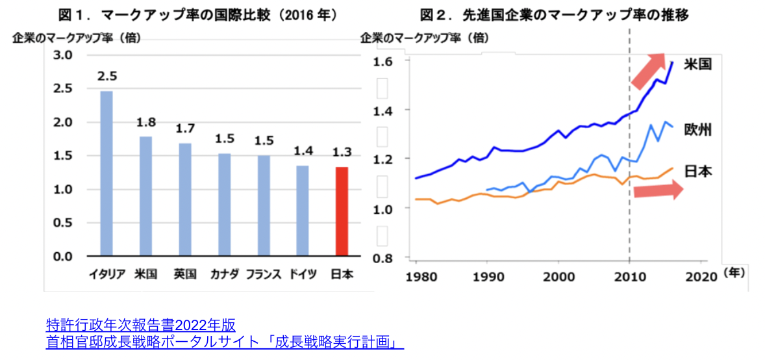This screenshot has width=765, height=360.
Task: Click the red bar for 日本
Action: (342, 211)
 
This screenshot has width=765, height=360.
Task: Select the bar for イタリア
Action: (106, 174)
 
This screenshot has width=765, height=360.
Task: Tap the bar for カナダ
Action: (224, 205)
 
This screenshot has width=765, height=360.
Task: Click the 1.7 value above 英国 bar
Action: (185, 129)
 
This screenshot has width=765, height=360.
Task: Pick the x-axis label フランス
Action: (263, 275)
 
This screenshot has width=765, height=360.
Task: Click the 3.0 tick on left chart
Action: (62, 55)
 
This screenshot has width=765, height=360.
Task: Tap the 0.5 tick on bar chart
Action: (62, 223)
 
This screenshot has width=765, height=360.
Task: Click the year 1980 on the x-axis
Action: (416, 275)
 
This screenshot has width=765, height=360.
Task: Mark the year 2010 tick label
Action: (629, 275)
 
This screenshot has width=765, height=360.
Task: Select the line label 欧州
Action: (699, 129)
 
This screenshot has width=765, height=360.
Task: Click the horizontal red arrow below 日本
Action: (657, 190)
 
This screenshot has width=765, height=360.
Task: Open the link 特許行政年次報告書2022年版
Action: (140, 324)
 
